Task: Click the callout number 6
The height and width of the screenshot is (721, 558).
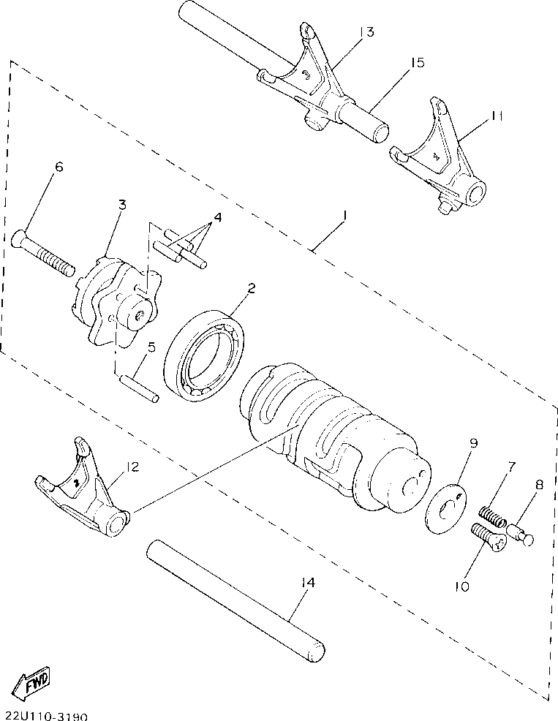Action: pos(59,167)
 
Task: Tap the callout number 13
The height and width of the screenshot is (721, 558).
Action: pos(366,31)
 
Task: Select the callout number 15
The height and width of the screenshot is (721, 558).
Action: pos(416,63)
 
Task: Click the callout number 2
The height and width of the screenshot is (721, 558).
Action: pos(251,289)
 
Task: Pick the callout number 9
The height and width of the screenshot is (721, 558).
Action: pos(473,442)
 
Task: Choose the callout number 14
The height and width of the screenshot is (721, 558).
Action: pos(309,583)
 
